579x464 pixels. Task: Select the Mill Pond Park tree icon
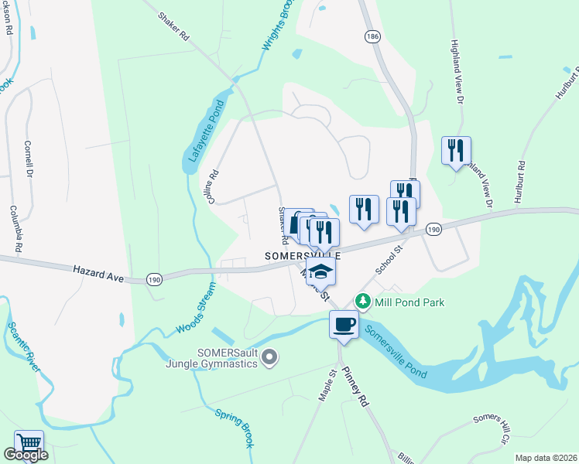pos(361,301)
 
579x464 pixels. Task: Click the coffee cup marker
pos(344,323)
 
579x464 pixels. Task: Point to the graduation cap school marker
pos(320,271)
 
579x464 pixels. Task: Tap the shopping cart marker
pos(29,443)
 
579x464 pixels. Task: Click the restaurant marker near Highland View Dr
pos(456,149)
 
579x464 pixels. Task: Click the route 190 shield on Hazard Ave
pos(154,278)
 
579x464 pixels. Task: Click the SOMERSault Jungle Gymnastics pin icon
pos(269,357)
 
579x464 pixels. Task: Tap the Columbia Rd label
pos(13,230)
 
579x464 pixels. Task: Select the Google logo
pos(25,455)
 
